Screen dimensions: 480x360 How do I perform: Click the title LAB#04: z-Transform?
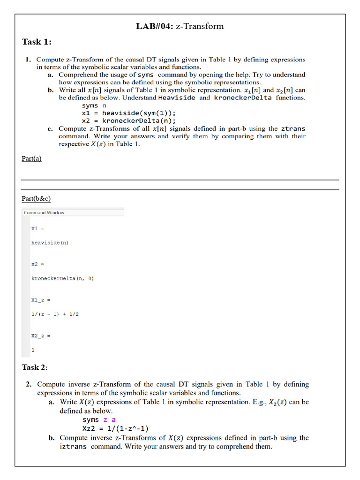[180, 26]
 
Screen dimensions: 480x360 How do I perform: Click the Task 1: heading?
[37, 42]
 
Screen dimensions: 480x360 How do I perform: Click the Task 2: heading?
[35, 367]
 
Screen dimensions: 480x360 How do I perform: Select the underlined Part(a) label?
[31, 158]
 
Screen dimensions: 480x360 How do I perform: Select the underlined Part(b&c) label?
[36, 199]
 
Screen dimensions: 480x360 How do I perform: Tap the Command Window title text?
[44, 213]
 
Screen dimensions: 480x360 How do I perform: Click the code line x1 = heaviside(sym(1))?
[128, 113]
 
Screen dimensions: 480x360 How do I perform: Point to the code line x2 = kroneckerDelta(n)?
[128, 120]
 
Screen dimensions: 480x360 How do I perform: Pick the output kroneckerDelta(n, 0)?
[62, 278]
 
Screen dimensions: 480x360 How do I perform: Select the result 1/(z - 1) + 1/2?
[55, 314]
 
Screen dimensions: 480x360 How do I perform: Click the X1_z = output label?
[40, 300]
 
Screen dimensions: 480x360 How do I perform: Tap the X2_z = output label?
[40, 336]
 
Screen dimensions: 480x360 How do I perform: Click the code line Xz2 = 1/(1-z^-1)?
[116, 428]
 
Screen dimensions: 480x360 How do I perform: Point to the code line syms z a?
[99, 420]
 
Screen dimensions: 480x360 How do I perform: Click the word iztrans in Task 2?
[74, 447]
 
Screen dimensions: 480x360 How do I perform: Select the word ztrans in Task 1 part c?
[292, 128]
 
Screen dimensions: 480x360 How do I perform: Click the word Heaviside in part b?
[177, 98]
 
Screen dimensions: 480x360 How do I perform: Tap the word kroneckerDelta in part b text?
[242, 98]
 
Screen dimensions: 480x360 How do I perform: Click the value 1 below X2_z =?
[33, 350]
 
